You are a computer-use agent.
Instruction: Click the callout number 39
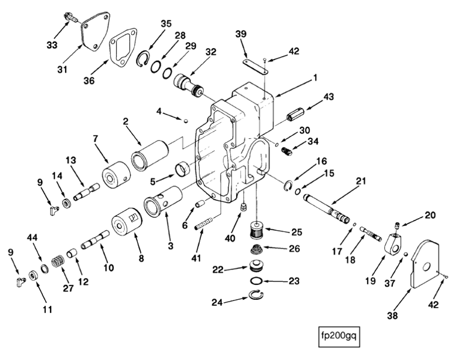(x=240, y=35)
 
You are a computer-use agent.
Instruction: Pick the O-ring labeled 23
(x=255, y=281)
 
